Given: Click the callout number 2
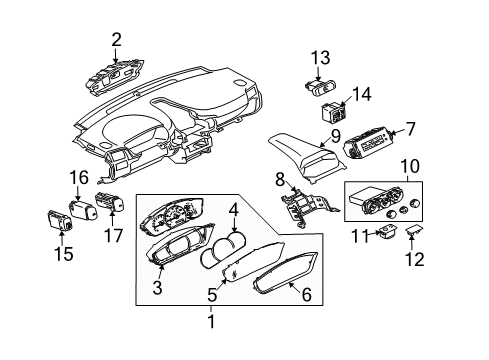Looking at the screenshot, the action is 116,40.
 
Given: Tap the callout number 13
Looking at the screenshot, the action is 321,58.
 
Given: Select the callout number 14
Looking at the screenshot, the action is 362,94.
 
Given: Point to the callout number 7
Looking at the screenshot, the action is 410,129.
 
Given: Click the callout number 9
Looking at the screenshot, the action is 335,136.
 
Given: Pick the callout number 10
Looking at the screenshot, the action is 410,166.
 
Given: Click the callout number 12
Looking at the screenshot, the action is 415,259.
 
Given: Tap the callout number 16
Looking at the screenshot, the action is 79,177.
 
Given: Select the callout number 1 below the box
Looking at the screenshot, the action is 211,322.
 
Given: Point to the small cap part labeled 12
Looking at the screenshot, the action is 414,230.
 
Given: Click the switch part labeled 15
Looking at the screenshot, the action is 61,220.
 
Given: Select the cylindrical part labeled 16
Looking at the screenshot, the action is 83,210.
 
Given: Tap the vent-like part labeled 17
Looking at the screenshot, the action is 110,202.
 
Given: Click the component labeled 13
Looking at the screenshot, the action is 320,87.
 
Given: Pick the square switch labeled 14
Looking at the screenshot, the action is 333,112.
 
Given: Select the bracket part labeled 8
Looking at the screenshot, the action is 308,207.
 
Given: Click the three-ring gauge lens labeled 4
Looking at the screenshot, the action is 223,251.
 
